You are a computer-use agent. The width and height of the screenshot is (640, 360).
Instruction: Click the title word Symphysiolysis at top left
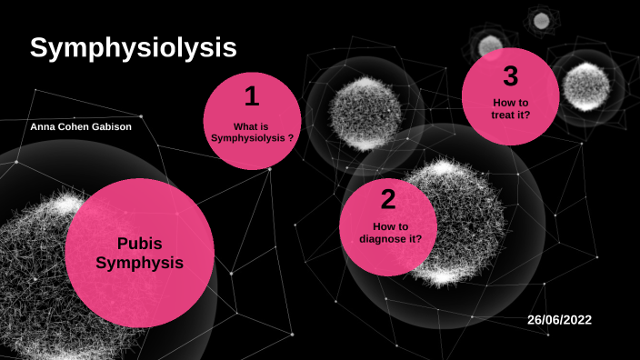[133, 49]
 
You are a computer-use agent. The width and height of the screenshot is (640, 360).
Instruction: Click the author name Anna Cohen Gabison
[81, 127]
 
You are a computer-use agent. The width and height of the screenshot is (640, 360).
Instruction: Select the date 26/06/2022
[565, 320]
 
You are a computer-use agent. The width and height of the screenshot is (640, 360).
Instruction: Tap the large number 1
[252, 95]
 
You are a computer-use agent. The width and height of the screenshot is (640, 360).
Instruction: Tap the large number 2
[388, 200]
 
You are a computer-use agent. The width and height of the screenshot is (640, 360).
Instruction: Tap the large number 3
[510, 76]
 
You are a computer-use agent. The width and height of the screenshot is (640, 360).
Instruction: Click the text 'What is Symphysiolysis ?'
[252, 133]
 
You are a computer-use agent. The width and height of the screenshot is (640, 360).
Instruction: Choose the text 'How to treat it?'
[511, 109]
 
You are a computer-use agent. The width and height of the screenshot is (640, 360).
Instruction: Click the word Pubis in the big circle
[140, 244]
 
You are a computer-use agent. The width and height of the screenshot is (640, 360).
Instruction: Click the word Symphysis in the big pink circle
[140, 264]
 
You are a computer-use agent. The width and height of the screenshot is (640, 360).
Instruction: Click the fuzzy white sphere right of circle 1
[364, 114]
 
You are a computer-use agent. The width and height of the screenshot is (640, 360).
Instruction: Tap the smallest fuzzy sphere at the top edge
[542, 20]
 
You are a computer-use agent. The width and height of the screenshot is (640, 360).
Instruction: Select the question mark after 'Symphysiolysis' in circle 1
[290, 139]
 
